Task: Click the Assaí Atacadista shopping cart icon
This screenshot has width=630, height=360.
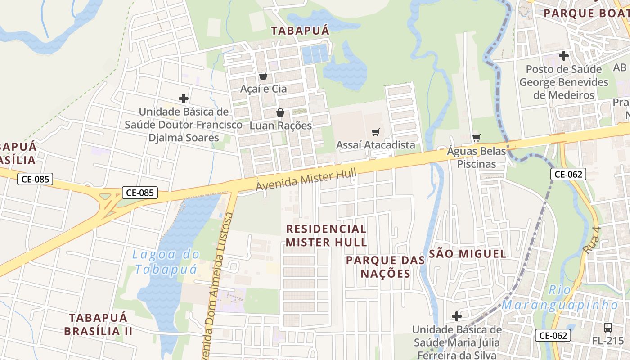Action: pos(376,132)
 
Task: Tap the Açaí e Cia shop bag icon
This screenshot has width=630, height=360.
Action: pos(263,76)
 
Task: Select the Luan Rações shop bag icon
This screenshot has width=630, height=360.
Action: pos(280,112)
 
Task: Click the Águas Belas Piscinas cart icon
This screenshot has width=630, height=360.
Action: pos(476,138)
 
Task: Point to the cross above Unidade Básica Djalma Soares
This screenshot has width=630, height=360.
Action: pos(183,98)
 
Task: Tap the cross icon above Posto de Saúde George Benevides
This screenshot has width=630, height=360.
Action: pos(563,56)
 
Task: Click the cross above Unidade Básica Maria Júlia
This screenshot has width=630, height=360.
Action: pos(457,316)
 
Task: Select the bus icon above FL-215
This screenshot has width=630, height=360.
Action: pos(607,328)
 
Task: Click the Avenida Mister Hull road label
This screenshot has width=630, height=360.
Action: pos(306,180)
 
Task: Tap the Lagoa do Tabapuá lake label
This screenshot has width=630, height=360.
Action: pos(166,261)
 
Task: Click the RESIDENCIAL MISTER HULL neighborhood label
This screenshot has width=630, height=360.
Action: pos(326,235)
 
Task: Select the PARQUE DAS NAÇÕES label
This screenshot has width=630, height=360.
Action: pos(386,266)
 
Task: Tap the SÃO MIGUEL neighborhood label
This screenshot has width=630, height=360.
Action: pos(468,254)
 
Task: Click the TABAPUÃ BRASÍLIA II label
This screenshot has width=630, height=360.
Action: pos(98,324)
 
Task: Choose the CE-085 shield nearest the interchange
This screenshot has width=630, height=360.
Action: pos(140,193)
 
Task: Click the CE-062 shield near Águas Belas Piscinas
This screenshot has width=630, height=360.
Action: pos(568,174)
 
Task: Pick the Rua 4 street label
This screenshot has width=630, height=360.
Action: pos(592,240)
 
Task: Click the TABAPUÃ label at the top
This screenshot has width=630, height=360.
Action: pos(300,31)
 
